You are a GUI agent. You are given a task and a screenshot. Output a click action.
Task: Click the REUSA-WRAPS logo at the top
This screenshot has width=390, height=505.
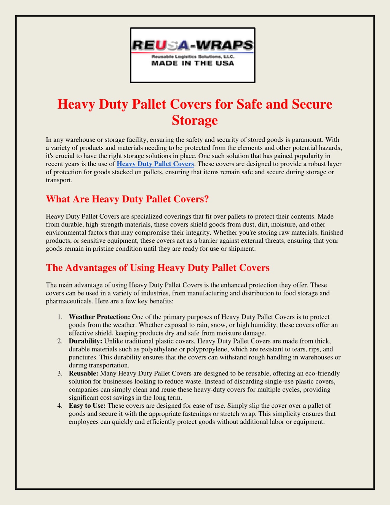[193, 55]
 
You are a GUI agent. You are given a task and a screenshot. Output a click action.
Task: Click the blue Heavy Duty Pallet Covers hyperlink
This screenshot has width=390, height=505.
[155, 164]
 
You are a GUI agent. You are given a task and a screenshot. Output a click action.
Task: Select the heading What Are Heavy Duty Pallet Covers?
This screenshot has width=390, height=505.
[127, 199]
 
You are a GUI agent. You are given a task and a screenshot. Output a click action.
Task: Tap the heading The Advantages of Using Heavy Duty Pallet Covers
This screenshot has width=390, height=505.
[158, 268]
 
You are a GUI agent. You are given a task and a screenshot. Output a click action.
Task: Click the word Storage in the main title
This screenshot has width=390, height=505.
[195, 120]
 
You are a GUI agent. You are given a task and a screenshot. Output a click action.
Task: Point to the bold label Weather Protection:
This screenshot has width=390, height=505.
[99, 317]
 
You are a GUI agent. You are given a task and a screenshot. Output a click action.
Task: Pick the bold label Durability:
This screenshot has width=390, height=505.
[85, 341]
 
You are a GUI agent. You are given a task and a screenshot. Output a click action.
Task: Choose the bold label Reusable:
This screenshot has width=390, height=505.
[83, 373]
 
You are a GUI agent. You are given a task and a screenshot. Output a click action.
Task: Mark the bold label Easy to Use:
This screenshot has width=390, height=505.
[87, 406]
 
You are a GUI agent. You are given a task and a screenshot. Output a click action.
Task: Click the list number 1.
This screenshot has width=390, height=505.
[60, 317]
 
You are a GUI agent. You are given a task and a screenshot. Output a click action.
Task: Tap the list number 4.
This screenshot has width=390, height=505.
[60, 406]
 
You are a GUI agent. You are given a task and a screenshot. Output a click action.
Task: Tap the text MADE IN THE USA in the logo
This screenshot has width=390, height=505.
[193, 63]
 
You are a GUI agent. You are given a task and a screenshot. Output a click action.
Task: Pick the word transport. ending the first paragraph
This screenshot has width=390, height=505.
[59, 180]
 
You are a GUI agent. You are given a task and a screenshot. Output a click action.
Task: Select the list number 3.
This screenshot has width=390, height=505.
[60, 374]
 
